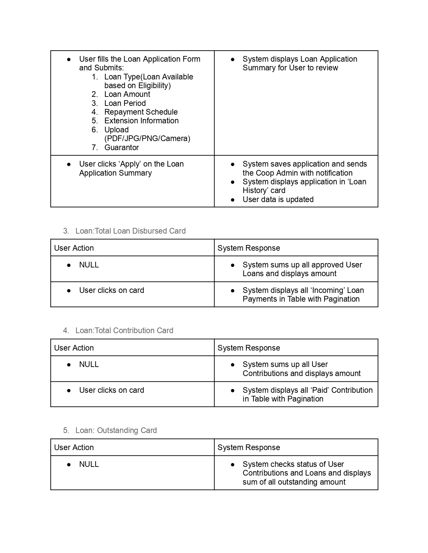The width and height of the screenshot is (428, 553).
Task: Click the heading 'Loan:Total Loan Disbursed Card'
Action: click(x=130, y=231)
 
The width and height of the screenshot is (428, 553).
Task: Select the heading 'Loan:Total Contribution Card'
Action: click(x=124, y=330)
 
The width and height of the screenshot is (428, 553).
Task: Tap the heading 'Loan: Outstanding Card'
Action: click(x=116, y=430)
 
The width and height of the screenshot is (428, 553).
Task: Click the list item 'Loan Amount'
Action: click(x=127, y=94)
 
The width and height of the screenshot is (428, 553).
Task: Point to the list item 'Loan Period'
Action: click(x=125, y=103)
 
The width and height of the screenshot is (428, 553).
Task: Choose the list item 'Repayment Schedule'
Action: click(x=141, y=112)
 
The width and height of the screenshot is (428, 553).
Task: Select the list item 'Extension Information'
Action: click(x=141, y=121)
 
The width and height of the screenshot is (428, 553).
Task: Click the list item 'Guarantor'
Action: click(x=122, y=147)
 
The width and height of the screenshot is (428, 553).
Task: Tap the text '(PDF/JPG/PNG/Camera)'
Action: click(x=147, y=138)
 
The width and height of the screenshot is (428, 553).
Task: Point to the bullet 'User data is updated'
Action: click(x=278, y=199)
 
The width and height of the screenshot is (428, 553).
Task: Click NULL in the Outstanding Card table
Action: click(x=89, y=464)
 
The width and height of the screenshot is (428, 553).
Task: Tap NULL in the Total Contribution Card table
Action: click(x=89, y=364)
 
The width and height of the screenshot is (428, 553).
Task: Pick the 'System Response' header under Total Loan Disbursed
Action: click(x=249, y=248)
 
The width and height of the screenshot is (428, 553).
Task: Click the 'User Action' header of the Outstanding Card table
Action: click(x=74, y=447)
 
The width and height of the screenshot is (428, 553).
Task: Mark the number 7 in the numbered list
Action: click(x=95, y=147)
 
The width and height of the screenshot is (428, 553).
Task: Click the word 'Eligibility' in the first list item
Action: click(x=153, y=85)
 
